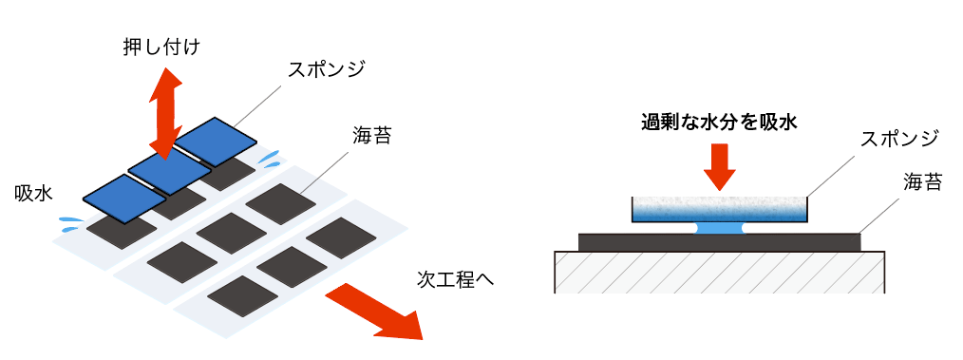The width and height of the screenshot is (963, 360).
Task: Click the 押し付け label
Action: click(x=161, y=46)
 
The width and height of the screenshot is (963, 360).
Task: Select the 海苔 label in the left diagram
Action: click(x=371, y=135)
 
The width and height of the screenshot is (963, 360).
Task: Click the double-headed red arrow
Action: click(x=164, y=113)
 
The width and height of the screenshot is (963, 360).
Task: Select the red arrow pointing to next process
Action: click(x=374, y=313)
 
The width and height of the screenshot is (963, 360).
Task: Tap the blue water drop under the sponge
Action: click(x=718, y=228)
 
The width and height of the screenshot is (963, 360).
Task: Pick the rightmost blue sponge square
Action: click(x=216, y=141)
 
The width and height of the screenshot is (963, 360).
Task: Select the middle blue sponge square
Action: click(x=169, y=168)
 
